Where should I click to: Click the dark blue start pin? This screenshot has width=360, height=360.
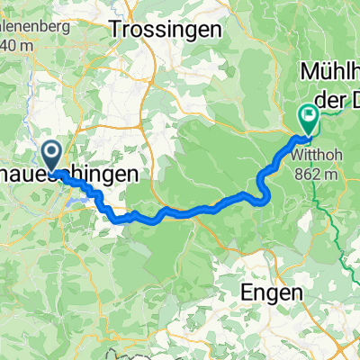pos(52,155)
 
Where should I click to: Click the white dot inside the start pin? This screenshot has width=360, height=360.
pos(52,151)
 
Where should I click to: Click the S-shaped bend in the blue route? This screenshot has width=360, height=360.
pos(262,184)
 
